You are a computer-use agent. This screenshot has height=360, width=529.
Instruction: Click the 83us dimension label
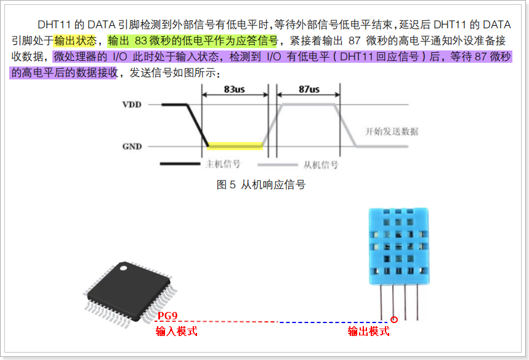coord(235,89)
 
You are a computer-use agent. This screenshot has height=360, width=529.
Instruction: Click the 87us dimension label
coord(309,89)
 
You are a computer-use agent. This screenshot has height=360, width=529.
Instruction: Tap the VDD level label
coord(132,105)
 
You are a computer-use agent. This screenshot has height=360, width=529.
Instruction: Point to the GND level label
coord(132,146)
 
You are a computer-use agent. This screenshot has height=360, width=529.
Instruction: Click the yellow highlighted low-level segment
coord(235,146)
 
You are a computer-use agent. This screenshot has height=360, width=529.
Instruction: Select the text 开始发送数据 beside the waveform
coord(392,132)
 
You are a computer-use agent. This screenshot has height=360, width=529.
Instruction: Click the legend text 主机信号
coord(222,164)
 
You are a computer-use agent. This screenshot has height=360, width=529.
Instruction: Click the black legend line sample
coord(179,164)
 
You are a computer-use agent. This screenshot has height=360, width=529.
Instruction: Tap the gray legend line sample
coord(277,164)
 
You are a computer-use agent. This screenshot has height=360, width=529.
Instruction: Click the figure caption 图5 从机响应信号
coord(261,185)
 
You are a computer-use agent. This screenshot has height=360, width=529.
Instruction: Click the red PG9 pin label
coord(168,316)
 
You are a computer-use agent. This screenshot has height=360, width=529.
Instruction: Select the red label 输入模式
coord(176,332)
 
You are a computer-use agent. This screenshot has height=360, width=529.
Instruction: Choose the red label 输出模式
coord(368,332)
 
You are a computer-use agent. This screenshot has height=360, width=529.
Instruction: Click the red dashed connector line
coord(228,322)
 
